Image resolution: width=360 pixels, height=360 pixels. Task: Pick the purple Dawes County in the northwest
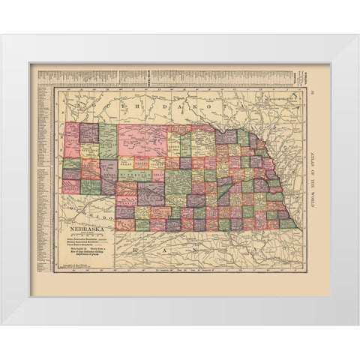tap(89, 132)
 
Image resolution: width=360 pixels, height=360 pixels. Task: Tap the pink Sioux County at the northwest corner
tap(72, 139)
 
